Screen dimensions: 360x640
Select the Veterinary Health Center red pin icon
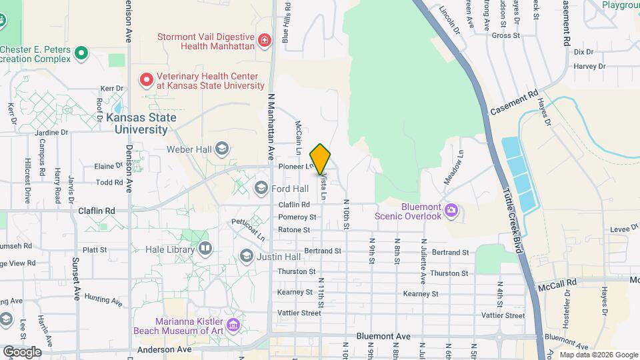pos(146,81)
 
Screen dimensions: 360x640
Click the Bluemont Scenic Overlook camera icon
pos(451,211)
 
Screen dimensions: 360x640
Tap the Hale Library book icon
pos(205,249)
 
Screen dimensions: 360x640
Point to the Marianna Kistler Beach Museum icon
pos(233,325)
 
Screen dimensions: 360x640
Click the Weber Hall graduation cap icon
pos(223,149)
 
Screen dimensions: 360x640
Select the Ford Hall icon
pos(261,189)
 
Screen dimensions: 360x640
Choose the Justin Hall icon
pos(246,257)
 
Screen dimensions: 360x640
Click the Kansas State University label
pos(141,123)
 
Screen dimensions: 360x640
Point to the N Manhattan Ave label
pos(271,126)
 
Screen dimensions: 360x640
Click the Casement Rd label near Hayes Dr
pos(513,103)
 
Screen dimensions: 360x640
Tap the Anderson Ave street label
pos(164,349)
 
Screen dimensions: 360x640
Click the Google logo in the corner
pos(21,351)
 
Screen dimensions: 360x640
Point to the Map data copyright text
pos(597,355)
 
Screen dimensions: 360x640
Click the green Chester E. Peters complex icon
pos(81,52)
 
